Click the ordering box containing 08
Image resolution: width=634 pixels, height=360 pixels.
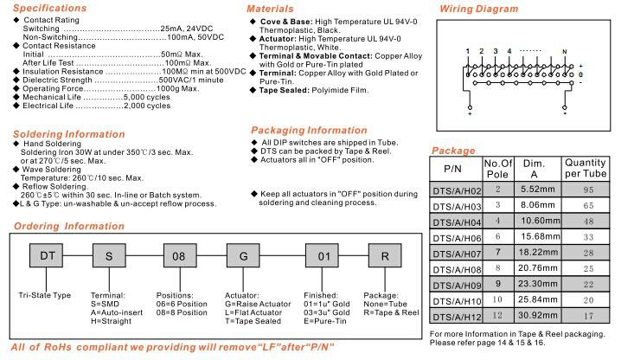pyautogui.click(x=177, y=256)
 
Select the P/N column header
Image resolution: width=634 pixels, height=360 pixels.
pyautogui.click(x=454, y=168)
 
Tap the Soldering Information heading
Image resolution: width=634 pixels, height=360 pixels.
pyautogui.click(x=64, y=134)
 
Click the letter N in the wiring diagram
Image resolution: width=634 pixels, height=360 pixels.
pyautogui.click(x=565, y=52)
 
